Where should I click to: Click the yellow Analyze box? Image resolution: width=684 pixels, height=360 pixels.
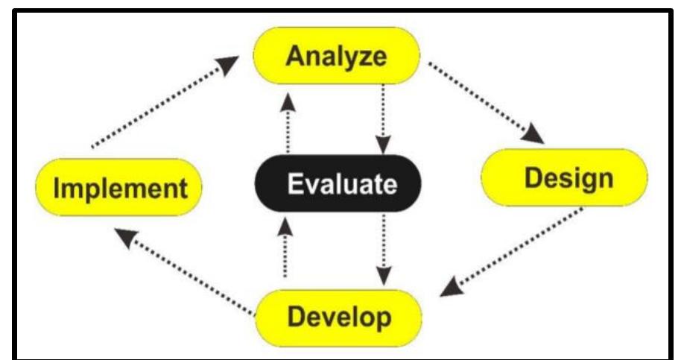(x=338, y=56)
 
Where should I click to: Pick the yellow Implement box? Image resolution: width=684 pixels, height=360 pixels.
(x=119, y=187)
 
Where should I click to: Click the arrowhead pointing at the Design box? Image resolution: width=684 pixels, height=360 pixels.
(x=535, y=135)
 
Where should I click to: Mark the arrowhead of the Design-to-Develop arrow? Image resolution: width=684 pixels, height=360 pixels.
(x=450, y=288)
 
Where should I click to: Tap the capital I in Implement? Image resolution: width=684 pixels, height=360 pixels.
(x=57, y=189)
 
